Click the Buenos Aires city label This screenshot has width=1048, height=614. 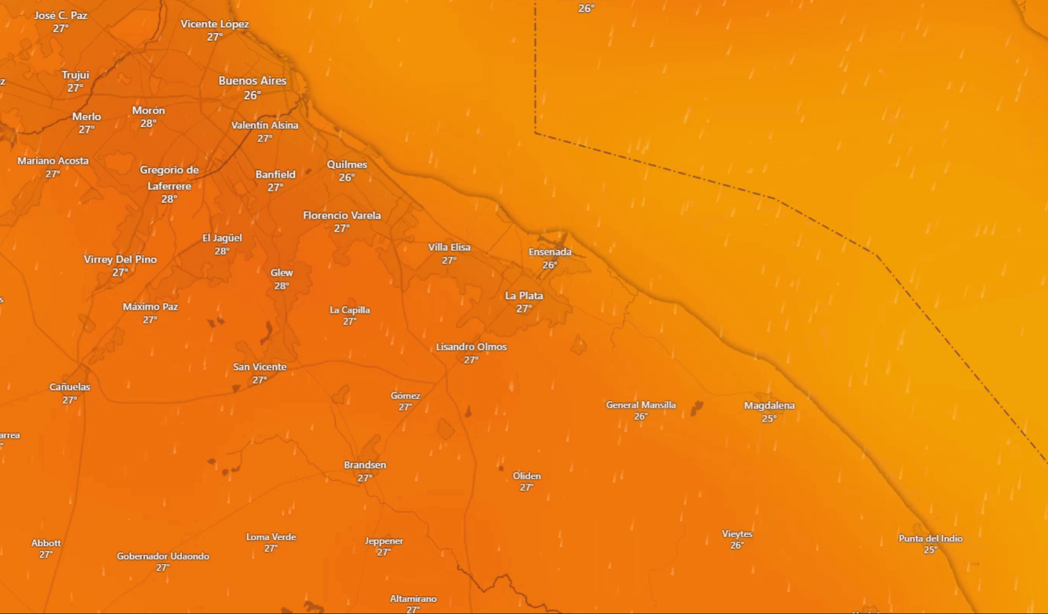point(252,81)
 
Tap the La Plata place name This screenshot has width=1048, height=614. point(523,296)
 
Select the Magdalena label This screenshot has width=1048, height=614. point(769,406)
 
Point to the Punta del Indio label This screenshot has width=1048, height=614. point(930,538)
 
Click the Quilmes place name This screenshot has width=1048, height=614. point(347,165)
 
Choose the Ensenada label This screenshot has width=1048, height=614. point(550,252)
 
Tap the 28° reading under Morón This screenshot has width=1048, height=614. point(148,123)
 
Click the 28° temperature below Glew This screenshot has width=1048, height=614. point(281,286)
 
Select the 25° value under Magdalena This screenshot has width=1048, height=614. point(769,419)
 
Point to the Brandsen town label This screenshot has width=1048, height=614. point(365,465)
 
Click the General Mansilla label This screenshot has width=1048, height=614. point(641,405)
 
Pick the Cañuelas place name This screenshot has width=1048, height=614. point(70,387)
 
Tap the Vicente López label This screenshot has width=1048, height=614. point(214,24)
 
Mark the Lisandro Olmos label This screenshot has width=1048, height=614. point(471,347)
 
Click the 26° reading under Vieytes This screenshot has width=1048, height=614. point(737,545)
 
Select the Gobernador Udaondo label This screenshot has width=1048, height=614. point(163,556)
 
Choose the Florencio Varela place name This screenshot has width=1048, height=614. point(342,215)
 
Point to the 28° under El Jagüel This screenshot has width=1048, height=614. point(222,251)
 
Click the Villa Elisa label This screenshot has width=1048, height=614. point(449,247)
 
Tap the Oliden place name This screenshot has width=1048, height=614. point(527,476)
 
